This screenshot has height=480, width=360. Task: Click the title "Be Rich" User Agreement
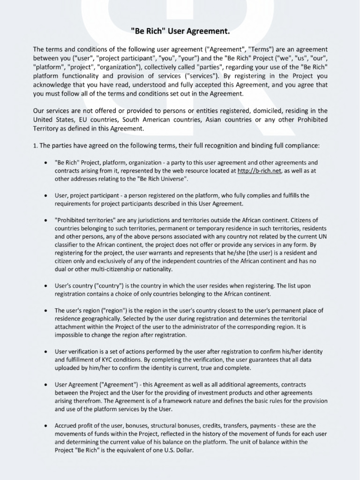180,31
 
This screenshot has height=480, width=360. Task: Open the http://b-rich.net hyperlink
259,171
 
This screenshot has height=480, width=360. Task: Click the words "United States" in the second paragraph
52,120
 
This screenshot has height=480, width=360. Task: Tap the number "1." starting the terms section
36,146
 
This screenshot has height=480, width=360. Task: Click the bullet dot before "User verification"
45,352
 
